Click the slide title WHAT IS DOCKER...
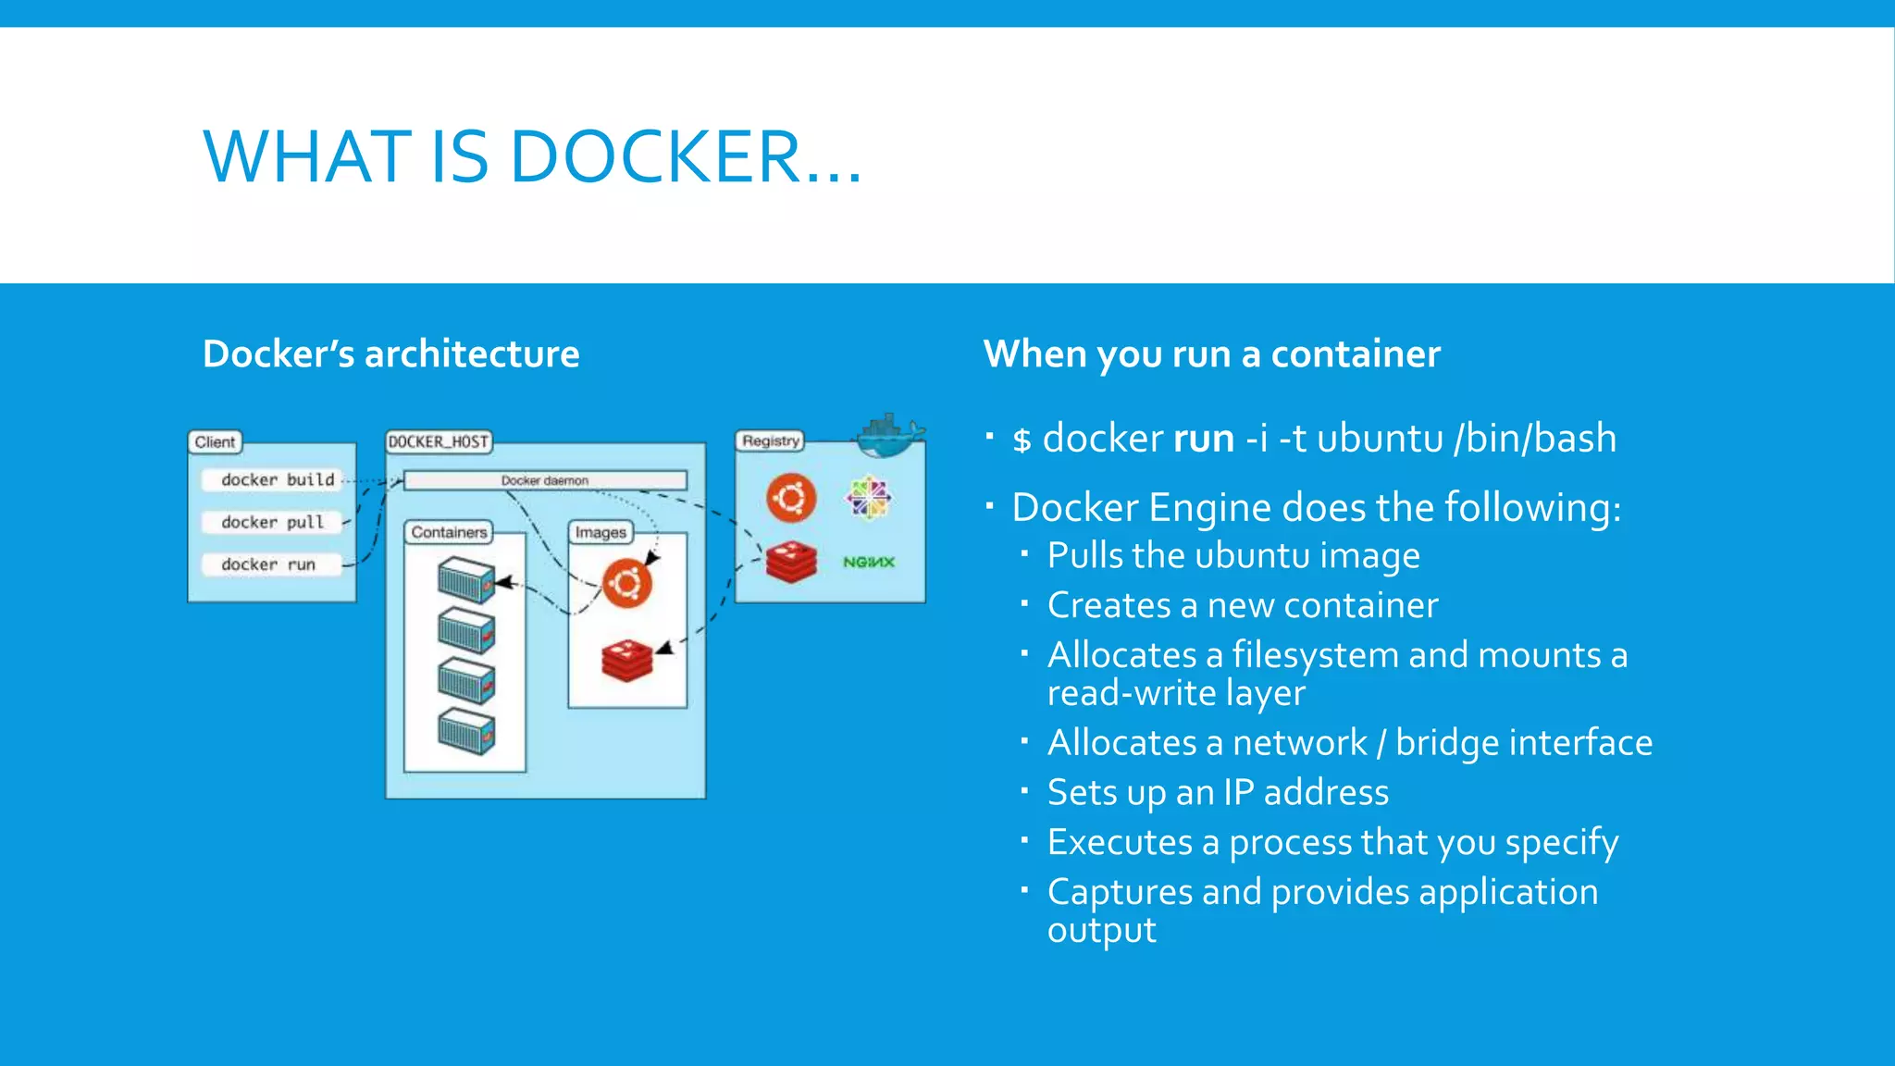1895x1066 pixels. tap(532, 156)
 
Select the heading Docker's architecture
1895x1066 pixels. tap(390, 354)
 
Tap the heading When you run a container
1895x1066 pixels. tap(1211, 354)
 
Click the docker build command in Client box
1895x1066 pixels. tap(277, 479)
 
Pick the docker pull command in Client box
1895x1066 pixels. tap(272, 522)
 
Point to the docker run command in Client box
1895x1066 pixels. tap(268, 564)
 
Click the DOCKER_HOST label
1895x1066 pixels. tap(438, 441)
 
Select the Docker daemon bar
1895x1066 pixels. tap(545, 480)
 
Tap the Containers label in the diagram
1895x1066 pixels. tap(449, 532)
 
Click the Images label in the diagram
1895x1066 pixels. tap(601, 532)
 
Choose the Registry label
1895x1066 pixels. tap(770, 440)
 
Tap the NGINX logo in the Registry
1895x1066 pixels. tap(868, 562)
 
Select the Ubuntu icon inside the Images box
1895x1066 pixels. tap(627, 584)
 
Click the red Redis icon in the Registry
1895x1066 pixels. tap(791, 562)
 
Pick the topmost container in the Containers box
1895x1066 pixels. tap(465, 580)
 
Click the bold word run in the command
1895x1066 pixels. tap(1203, 438)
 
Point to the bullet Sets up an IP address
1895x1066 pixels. tap(1218, 792)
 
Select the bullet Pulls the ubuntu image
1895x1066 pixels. tap(1232, 555)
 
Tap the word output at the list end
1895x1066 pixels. tap(1101, 930)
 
